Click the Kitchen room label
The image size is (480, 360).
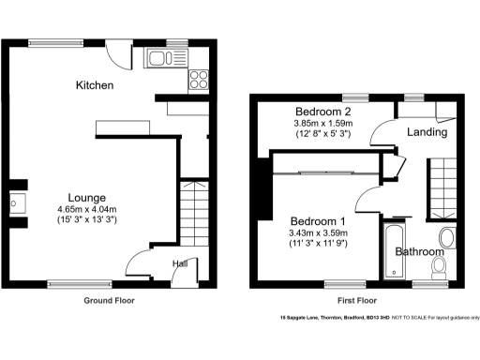[95, 85]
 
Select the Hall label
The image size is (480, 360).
[178, 263]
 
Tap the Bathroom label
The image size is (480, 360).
[420, 251]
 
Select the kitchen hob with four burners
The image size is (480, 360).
[199, 79]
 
